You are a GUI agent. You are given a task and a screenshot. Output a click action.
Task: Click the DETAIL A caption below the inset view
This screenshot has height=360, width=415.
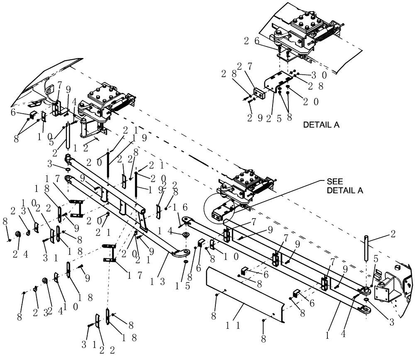tap(321, 124)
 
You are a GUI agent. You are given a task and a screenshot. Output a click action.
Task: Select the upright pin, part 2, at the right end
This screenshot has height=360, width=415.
tap(366, 248)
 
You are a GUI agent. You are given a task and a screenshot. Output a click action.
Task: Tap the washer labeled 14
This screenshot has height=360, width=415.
tap(185, 236)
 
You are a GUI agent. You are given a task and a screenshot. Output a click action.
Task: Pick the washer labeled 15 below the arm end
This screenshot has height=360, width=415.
tap(186, 262)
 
